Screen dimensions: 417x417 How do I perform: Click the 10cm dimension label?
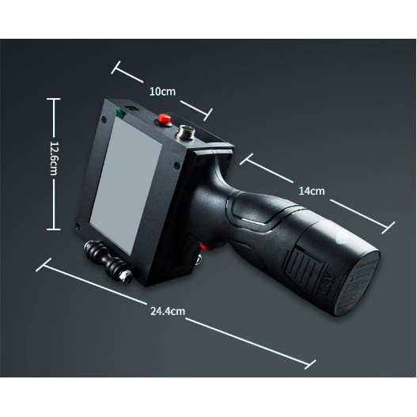(162, 92)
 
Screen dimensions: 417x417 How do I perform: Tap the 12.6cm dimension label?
(54, 158)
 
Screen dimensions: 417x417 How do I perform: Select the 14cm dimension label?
(312, 191)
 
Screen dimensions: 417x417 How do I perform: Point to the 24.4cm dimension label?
(168, 311)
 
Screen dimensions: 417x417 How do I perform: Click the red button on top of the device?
(164, 119)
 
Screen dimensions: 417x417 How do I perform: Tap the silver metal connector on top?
(186, 132)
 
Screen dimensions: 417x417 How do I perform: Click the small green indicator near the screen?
(120, 113)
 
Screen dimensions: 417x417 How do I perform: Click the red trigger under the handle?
(205, 247)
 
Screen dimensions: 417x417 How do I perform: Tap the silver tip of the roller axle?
(127, 276)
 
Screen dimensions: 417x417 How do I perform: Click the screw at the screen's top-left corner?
(104, 119)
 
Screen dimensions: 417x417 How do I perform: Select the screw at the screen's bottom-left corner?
(78, 226)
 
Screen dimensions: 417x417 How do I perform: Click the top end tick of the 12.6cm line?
(54, 99)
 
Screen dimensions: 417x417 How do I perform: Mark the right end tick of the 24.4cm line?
(310, 364)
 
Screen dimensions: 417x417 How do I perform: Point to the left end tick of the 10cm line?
(116, 67)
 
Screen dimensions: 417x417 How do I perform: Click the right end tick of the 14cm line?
(389, 228)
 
